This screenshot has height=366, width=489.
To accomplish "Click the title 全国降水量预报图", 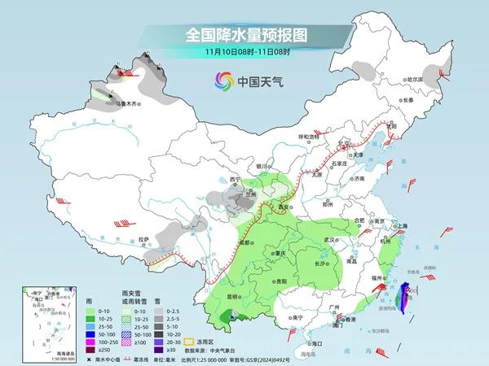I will (244, 37).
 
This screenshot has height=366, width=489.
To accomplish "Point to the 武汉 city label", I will (329, 240).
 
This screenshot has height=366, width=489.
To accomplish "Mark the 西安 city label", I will (284, 207).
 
